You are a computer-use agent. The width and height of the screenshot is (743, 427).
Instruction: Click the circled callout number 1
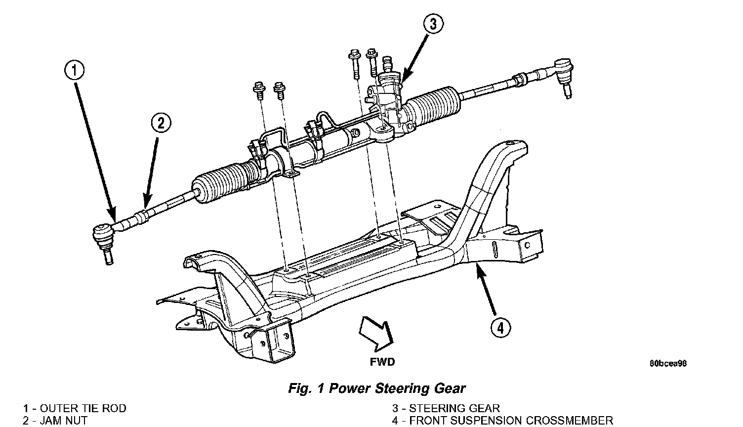[74, 71]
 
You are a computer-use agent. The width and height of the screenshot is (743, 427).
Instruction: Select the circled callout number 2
[161, 123]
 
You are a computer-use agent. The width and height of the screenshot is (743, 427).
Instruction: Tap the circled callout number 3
[433, 24]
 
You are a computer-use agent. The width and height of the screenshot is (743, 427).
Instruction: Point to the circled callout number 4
[500, 328]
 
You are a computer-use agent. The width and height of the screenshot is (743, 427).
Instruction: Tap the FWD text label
[382, 362]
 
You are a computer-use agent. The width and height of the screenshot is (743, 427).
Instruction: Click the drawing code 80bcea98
[668, 363]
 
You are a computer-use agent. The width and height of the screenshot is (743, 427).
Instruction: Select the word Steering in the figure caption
[397, 388]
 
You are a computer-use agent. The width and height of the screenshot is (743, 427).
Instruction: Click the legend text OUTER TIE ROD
[83, 408]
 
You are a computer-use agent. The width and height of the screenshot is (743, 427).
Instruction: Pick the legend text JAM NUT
[63, 421]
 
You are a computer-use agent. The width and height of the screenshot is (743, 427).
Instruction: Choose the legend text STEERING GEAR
[454, 408]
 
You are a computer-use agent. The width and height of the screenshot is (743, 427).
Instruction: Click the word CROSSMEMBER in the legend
[570, 421]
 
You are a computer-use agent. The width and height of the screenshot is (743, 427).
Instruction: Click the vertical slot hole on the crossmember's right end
[494, 249]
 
